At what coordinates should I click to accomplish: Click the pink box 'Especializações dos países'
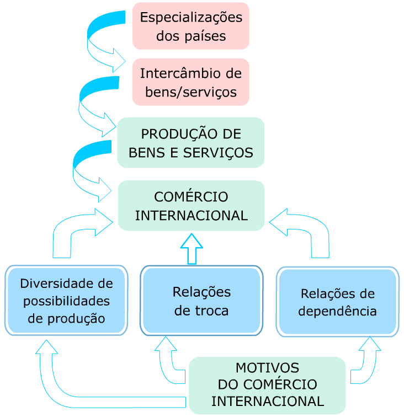coord(191,26)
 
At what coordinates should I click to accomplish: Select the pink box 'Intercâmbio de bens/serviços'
coord(191,82)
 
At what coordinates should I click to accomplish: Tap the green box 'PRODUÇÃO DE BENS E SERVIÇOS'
coord(191,142)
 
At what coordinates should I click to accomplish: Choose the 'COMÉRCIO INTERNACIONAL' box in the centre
coord(191,205)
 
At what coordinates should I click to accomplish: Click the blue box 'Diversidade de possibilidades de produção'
coord(66,300)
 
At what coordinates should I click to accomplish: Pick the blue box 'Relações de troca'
coord(201,300)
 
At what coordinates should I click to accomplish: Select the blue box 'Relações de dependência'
coord(337,301)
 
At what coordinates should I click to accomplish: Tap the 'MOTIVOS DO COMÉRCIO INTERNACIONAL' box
coord(267,384)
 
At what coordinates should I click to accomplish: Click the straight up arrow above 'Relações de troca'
coord(192,248)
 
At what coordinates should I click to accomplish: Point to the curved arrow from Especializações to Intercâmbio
coord(99,41)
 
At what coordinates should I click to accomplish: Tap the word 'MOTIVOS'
coord(267,368)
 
